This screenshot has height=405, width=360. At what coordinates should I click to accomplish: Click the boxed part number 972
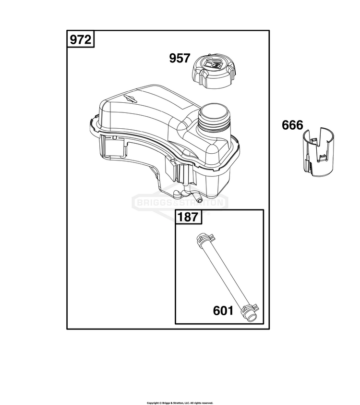tap(81, 40)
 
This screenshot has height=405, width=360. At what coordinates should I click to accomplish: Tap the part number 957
tap(180, 58)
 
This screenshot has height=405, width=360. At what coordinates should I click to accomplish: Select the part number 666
tap(292, 125)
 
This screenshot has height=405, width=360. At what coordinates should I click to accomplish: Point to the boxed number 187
tap(188, 217)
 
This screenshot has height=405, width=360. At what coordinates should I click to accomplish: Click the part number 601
tap(223, 310)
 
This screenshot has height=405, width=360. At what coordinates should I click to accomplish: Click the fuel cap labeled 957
tap(214, 71)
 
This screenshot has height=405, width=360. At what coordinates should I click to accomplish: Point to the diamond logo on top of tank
tap(130, 98)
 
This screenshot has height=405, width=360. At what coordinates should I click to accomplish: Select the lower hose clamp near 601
tap(248, 308)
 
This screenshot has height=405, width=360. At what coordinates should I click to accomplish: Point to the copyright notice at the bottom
tap(180, 403)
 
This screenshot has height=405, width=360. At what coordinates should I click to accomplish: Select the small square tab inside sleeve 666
tap(323, 157)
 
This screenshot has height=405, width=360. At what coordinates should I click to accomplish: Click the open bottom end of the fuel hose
tap(251, 318)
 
